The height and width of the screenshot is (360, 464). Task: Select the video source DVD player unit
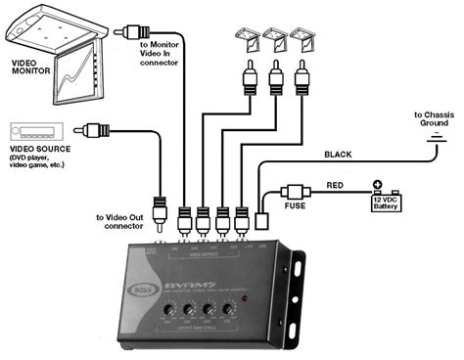point(35,131)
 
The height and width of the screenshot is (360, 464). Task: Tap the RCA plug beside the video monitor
point(124,32)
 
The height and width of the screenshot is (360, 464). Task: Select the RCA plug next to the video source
point(95,128)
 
